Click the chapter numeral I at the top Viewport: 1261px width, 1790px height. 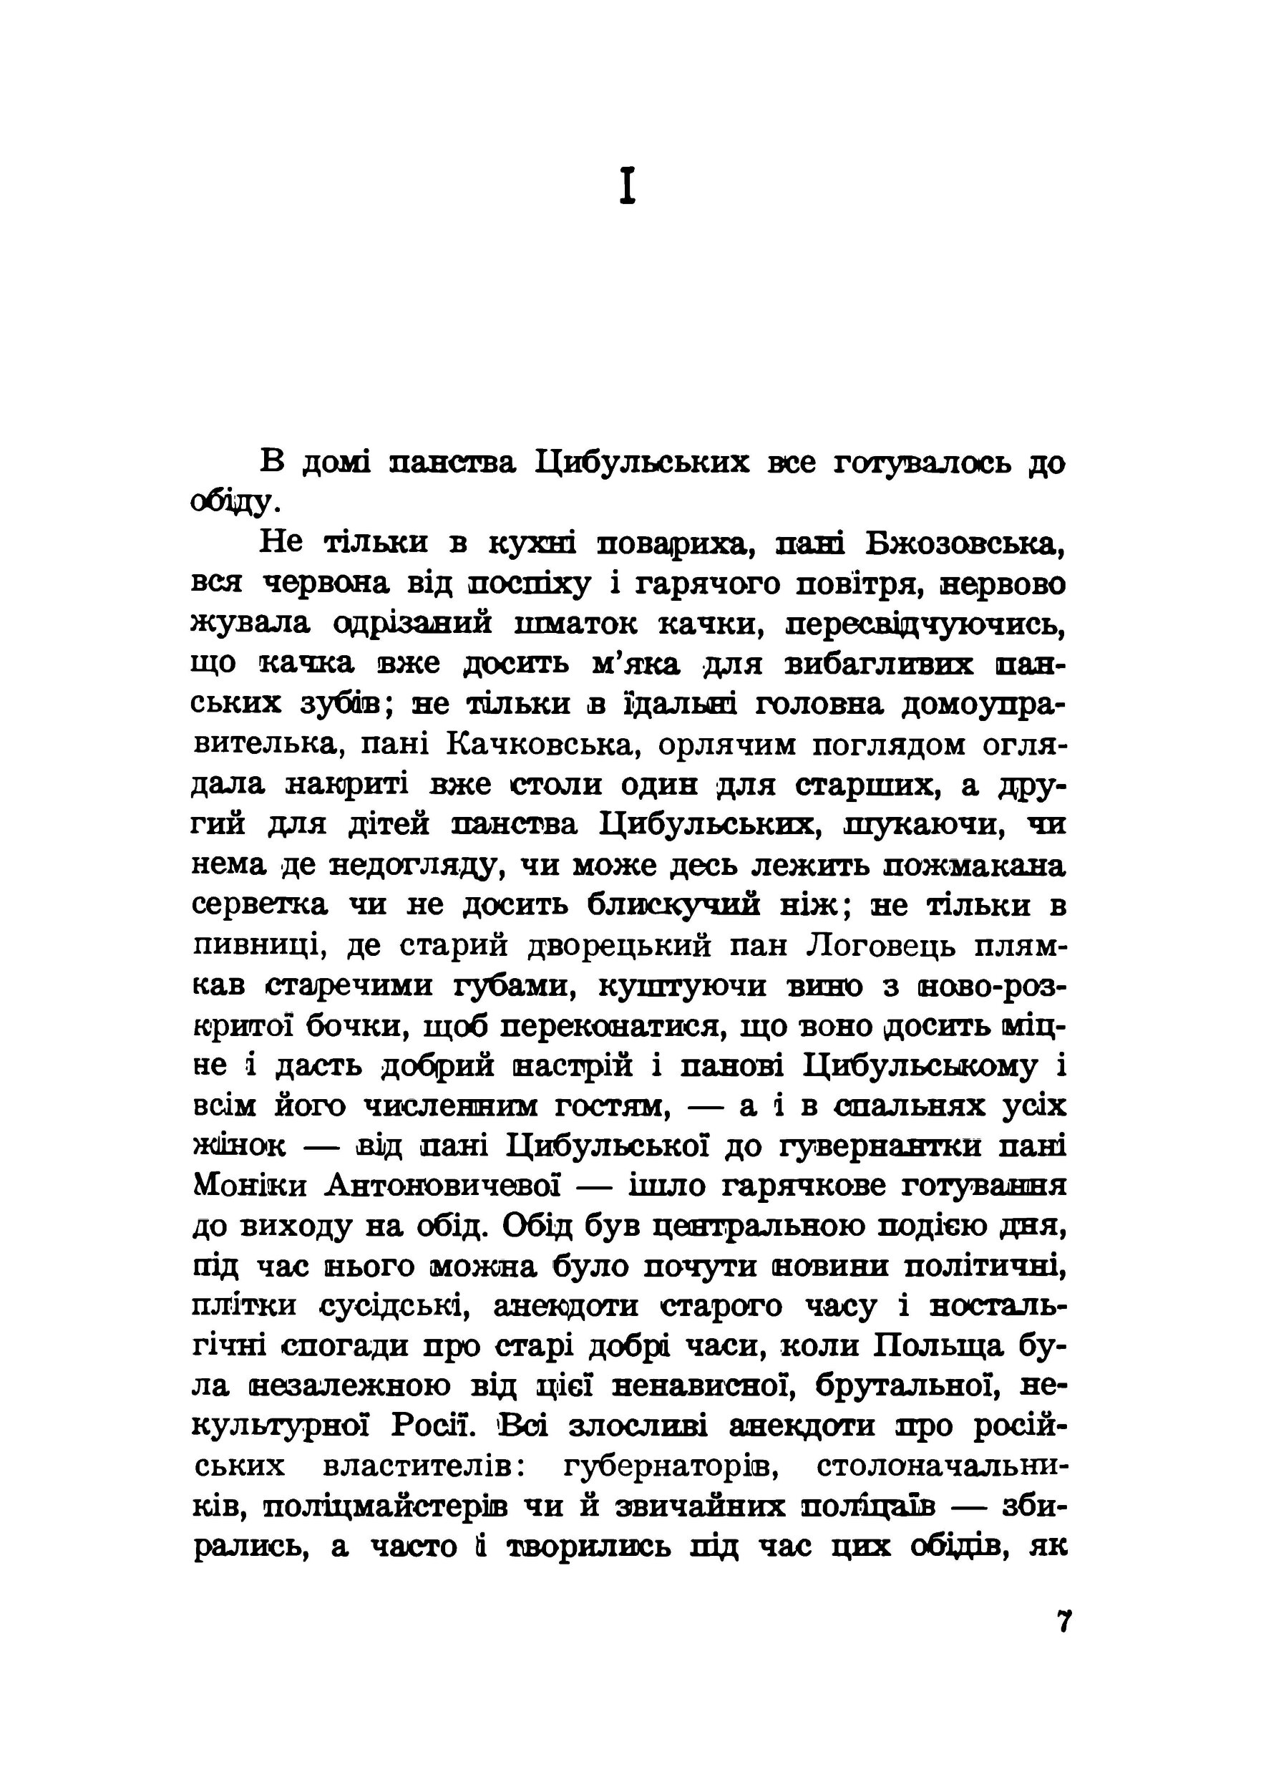pos(628,187)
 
